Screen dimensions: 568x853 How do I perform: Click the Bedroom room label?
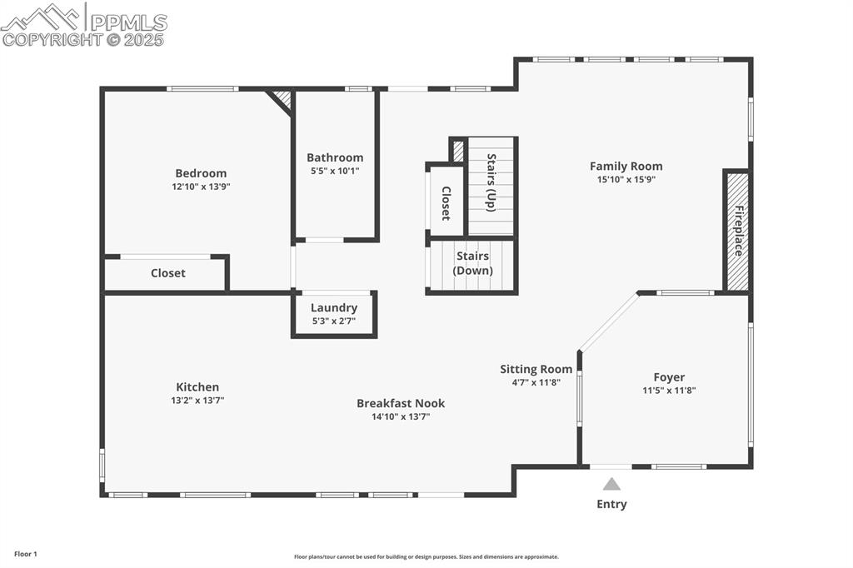click(x=201, y=173)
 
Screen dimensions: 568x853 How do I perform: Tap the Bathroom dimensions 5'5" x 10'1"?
click(x=334, y=171)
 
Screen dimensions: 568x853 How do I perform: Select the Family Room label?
click(x=626, y=166)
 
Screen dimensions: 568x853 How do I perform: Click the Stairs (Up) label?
click(x=491, y=183)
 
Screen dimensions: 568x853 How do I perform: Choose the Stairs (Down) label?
click(x=472, y=263)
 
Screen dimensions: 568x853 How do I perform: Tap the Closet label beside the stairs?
click(x=446, y=203)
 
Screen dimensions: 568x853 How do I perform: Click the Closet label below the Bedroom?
click(x=168, y=273)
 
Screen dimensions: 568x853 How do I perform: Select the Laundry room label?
click(x=334, y=307)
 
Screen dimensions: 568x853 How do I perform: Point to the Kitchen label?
click(x=197, y=386)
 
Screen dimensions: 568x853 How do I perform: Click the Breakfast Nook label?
click(x=401, y=403)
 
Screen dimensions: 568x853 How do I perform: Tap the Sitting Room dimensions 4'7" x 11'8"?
click(x=536, y=382)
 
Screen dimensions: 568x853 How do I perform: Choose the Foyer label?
click(x=669, y=377)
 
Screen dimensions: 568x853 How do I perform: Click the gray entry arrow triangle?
click(x=611, y=484)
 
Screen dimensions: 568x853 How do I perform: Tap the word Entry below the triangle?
click(x=611, y=504)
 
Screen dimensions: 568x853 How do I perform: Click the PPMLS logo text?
click(x=128, y=22)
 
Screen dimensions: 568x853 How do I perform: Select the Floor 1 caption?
click(x=25, y=554)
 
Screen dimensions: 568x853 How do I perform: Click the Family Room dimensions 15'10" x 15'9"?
click(x=626, y=179)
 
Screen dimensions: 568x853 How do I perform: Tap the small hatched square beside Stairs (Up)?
click(x=458, y=151)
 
